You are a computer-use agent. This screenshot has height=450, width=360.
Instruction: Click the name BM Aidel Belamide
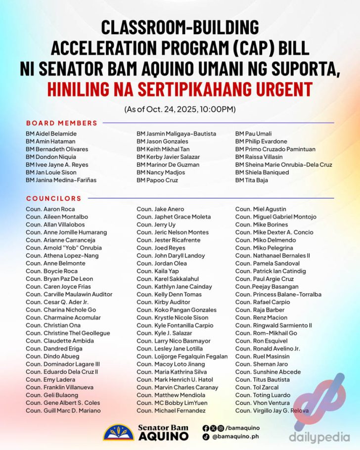51,134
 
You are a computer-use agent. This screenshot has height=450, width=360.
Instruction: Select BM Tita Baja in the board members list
252,180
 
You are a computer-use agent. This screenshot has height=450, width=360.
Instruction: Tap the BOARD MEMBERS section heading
62,123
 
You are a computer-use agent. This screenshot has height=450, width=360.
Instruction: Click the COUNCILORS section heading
54,198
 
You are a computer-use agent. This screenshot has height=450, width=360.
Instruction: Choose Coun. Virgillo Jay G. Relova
271,410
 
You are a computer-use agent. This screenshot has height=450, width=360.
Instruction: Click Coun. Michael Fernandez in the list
171,410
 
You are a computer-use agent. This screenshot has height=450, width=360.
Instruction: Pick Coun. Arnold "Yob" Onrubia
64,248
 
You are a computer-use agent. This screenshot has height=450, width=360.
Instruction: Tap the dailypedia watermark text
326,437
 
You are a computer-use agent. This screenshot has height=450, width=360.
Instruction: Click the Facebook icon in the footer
206,428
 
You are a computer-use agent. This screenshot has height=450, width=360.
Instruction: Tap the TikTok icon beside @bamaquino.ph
206,437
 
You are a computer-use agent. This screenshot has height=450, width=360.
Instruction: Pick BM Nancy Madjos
161,172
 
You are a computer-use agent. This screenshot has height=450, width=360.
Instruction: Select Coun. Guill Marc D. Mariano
63,410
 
